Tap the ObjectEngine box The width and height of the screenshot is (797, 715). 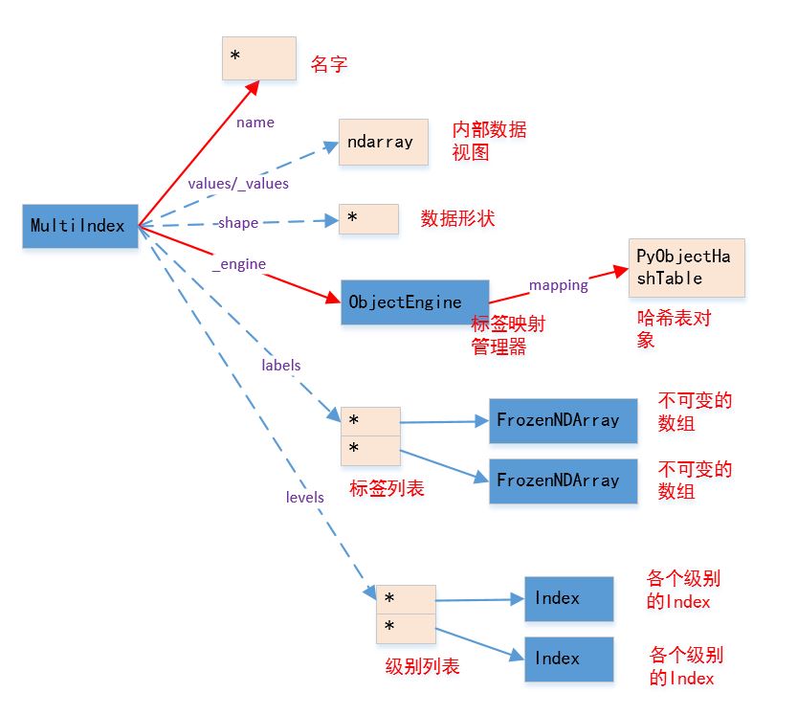pyautogui.click(x=414, y=302)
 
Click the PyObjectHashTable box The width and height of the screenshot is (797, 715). pyautogui.click(x=685, y=267)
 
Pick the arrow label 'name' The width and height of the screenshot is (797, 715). pyautogui.click(x=255, y=123)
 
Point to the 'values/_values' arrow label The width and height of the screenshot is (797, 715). pyautogui.click(x=238, y=183)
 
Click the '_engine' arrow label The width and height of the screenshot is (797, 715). pyautogui.click(x=239, y=263)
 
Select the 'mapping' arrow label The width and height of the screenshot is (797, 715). pyautogui.click(x=559, y=284)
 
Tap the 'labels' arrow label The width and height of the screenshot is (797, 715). pyautogui.click(x=281, y=365)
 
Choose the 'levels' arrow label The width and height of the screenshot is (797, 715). pyautogui.click(x=305, y=497)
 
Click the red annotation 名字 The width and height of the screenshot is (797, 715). pyautogui.click(x=328, y=64)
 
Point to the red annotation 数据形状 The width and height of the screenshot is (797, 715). pyautogui.click(x=457, y=218)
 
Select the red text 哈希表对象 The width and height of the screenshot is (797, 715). pyautogui.click(x=674, y=327)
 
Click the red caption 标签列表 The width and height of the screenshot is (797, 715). pyautogui.click(x=387, y=488)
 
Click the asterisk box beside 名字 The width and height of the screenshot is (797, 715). pyautogui.click(x=258, y=59)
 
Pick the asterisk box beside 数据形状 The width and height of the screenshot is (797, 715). pyautogui.click(x=368, y=219)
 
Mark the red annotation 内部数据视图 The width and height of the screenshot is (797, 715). pyautogui.click(x=489, y=141)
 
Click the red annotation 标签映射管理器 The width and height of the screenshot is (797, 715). pyautogui.click(x=503, y=335)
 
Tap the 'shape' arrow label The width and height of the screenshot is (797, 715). pyautogui.click(x=237, y=223)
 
